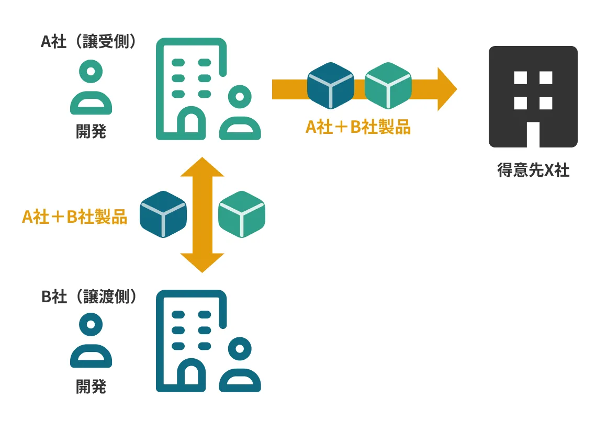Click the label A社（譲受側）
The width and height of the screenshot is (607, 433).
tap(89, 42)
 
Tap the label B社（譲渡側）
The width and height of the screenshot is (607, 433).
tap(89, 297)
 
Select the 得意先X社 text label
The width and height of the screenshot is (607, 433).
tap(533, 170)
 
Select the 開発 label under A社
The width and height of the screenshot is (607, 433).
tap(91, 131)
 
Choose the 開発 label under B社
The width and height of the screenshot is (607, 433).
tap(91, 386)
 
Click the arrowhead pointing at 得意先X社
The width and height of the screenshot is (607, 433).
tap(446, 89)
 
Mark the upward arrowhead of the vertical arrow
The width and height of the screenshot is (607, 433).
tap(202, 167)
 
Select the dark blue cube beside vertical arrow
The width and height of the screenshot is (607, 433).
tap(163, 214)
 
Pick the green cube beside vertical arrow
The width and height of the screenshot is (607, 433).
tap(241, 214)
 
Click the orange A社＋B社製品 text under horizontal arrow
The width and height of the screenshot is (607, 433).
tap(358, 127)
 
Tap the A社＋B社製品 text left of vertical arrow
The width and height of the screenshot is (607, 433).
tap(74, 216)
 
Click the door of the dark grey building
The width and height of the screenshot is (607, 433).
tap(533, 134)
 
